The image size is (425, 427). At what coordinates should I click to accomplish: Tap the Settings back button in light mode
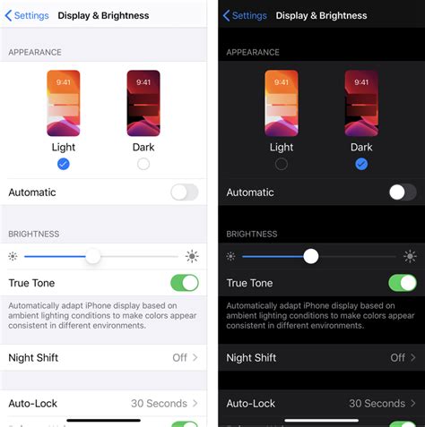click(x=26, y=15)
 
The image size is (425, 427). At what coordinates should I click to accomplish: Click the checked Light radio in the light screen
click(x=63, y=164)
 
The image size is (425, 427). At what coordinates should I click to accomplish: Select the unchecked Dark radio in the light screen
click(x=143, y=164)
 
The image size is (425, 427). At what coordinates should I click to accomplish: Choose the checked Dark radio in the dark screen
click(x=361, y=164)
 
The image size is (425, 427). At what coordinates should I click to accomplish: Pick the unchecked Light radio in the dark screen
click(x=282, y=164)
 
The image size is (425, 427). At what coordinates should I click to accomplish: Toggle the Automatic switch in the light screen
click(x=185, y=192)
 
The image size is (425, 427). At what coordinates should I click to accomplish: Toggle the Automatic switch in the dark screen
click(x=403, y=192)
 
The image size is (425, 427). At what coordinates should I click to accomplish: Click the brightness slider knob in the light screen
click(x=92, y=256)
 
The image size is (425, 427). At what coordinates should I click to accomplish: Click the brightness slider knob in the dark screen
click(x=310, y=256)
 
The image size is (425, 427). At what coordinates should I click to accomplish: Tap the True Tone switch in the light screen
click(x=185, y=283)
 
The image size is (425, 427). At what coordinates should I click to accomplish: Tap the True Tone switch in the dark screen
click(x=403, y=283)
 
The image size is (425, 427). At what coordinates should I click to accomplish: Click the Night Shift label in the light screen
click(x=33, y=357)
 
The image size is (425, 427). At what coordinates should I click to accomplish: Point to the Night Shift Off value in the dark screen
click(x=398, y=357)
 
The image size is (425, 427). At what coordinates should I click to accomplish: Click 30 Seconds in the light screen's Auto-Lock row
click(x=159, y=404)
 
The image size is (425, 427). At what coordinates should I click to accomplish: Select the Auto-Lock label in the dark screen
click(x=251, y=404)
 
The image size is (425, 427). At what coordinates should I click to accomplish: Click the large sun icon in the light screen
click(x=192, y=256)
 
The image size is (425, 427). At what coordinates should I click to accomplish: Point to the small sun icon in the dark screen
click(x=230, y=256)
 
